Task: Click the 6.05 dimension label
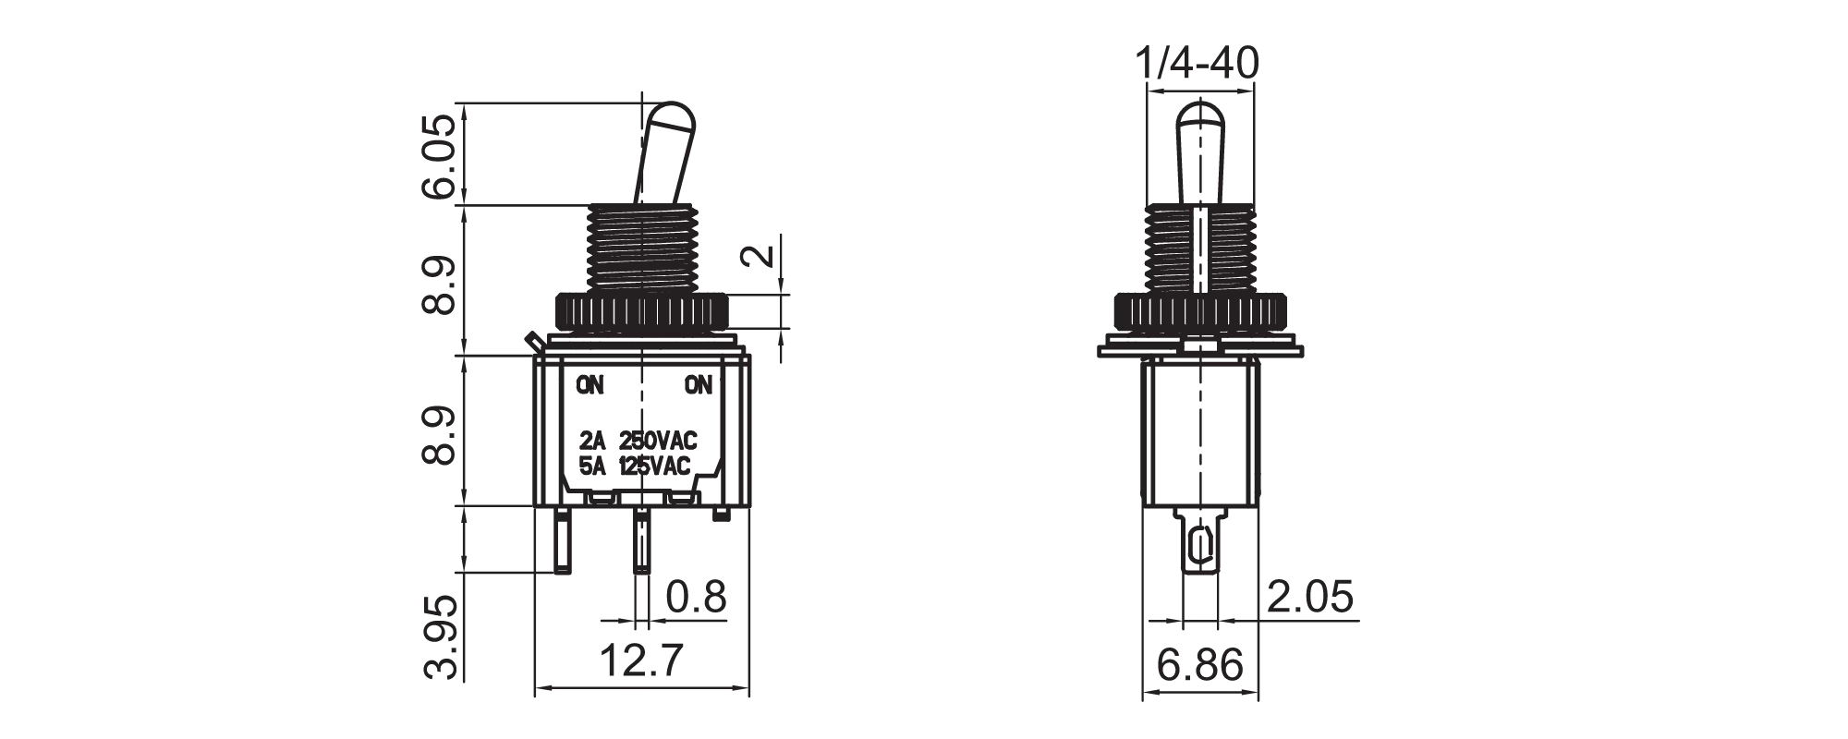click(439, 157)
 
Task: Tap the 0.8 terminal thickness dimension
click(696, 598)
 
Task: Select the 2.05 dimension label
click(1308, 598)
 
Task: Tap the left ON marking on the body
click(590, 385)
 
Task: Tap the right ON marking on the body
click(699, 385)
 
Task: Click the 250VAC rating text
click(657, 440)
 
